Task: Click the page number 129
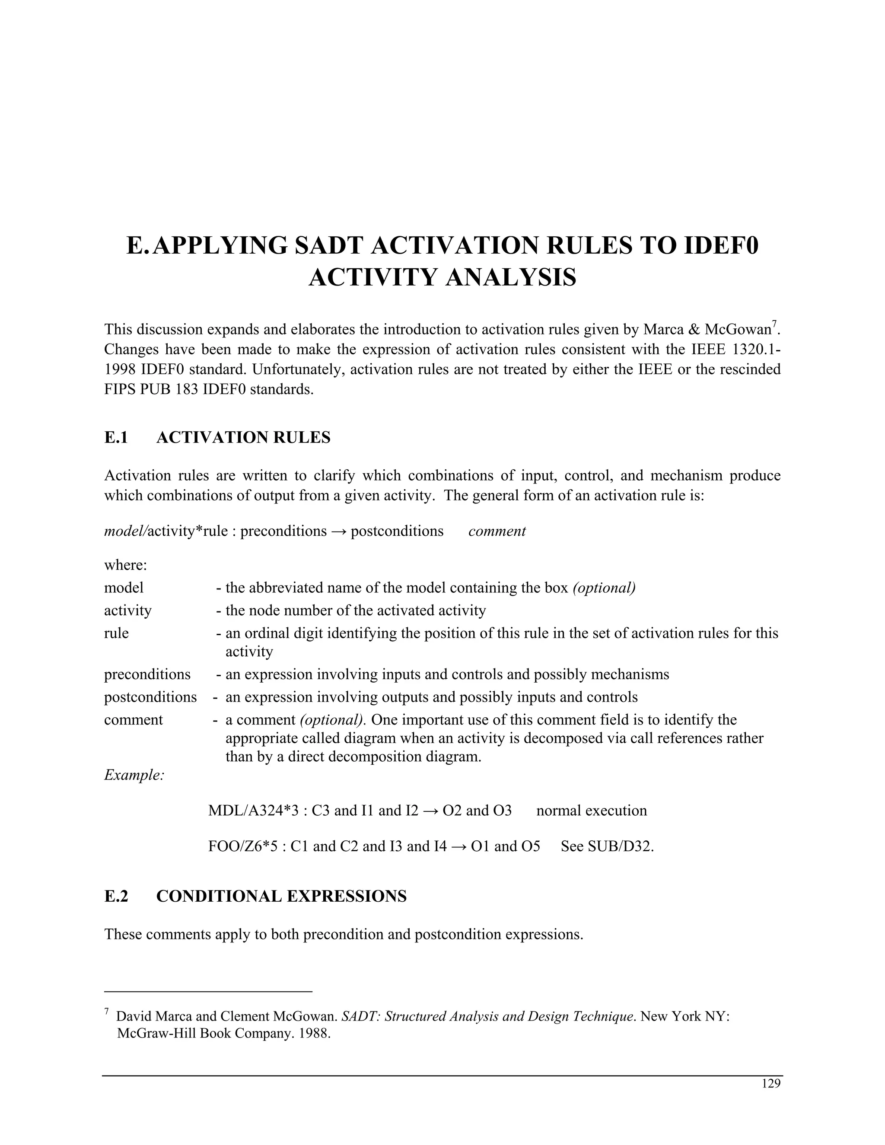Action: pos(771,1084)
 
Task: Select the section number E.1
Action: pos(116,437)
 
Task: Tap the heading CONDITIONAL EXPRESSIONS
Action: pos(281,896)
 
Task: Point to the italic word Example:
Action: pos(134,775)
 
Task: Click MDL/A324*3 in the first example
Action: pos(253,811)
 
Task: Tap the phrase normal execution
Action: pos(592,811)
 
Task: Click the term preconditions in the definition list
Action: pos(147,674)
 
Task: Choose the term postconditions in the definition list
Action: pos(150,697)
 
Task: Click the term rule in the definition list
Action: pos(116,633)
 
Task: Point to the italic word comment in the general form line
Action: pos(497,531)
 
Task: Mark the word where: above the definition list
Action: pos(125,565)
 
